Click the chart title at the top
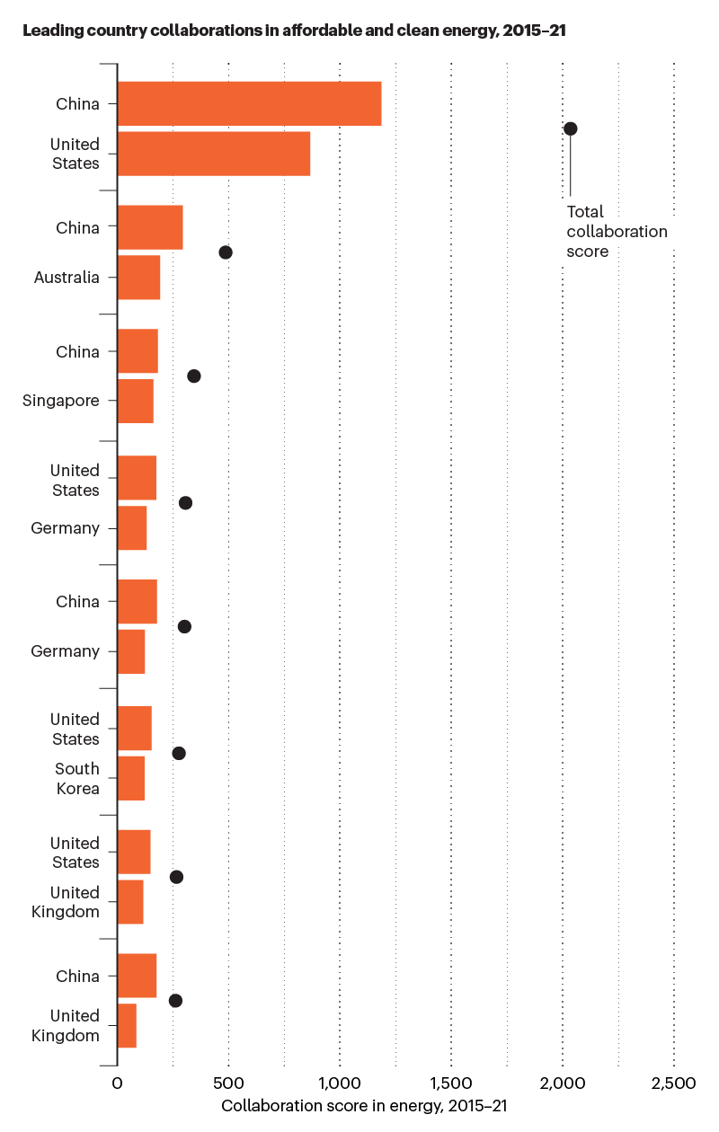(294, 31)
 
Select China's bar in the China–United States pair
(249, 103)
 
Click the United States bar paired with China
(213, 154)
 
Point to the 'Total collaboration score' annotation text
(617, 232)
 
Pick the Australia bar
(138, 278)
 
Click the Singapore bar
(135, 401)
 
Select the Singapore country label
(60, 401)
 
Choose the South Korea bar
(131, 778)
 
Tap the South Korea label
(76, 778)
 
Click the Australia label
(67, 278)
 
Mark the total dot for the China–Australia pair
(226, 252)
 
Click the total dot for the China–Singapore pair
(193, 376)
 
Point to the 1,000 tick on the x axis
(340, 1083)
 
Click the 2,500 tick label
(673, 1083)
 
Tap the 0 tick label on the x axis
(117, 1083)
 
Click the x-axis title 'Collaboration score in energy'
(365, 1105)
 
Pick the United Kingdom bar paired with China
(127, 1025)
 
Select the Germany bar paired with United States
(132, 528)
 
